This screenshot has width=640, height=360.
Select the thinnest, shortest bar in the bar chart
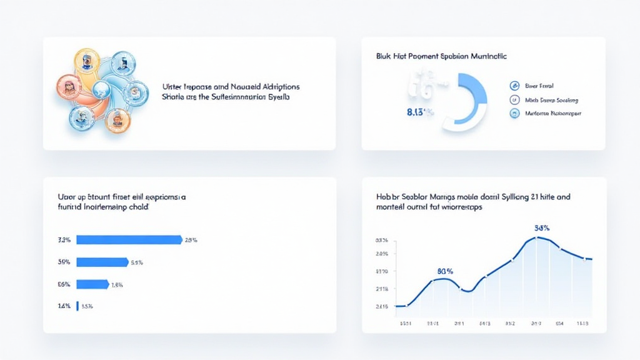(77, 306)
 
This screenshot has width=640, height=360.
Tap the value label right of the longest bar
(191, 239)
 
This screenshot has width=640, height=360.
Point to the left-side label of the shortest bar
(64, 306)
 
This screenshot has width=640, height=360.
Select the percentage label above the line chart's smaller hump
(445, 271)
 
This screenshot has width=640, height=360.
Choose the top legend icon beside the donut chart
(514, 86)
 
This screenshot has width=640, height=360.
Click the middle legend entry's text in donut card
(552, 100)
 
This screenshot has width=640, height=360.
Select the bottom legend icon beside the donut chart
(514, 114)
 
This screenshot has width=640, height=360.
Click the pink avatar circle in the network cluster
(69, 86)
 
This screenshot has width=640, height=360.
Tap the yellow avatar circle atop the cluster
(87, 61)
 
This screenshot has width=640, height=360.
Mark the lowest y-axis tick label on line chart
(381, 306)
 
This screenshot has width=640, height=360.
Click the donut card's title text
(441, 56)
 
